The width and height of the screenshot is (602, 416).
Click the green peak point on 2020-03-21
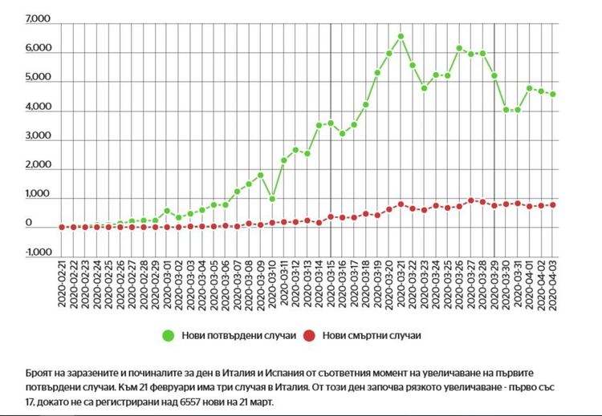pyautogui.click(x=401, y=37)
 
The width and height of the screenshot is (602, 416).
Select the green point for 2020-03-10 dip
pyautogui.click(x=272, y=199)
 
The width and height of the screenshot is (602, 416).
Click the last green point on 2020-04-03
pyautogui.click(x=553, y=95)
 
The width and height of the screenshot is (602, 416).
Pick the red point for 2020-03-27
pyautogui.click(x=471, y=200)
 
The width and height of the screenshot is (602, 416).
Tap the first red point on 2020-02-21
pyautogui.click(x=62, y=227)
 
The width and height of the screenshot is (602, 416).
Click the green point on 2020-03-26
pyautogui.click(x=459, y=48)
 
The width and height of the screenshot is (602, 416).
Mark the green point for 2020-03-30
pyautogui.click(x=506, y=110)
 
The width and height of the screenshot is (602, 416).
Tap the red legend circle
pyautogui.click(x=308, y=336)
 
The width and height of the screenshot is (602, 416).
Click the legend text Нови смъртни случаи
pyautogui.click(x=371, y=336)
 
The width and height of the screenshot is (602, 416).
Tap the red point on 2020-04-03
pyautogui.click(x=553, y=205)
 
